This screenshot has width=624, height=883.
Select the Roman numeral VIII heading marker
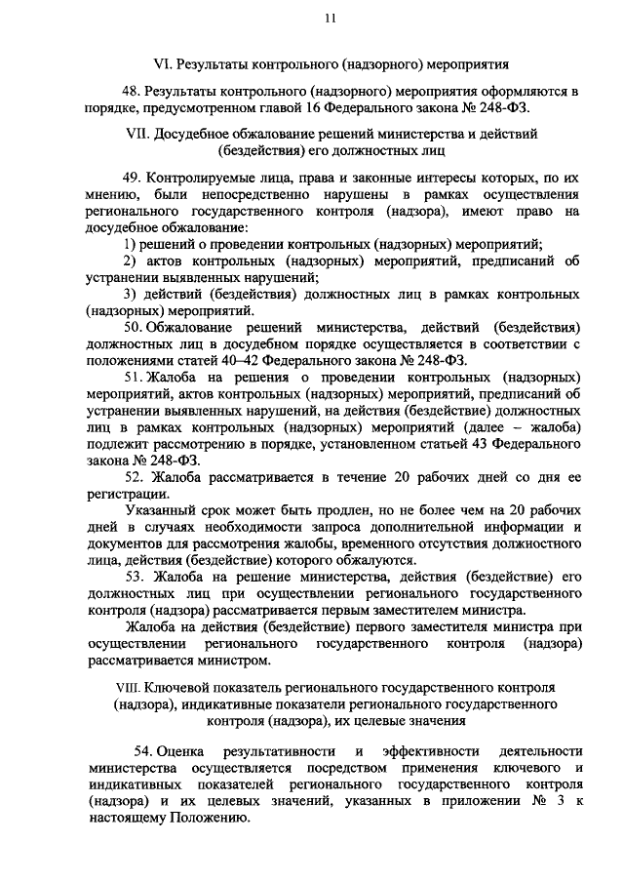(x=127, y=686)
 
